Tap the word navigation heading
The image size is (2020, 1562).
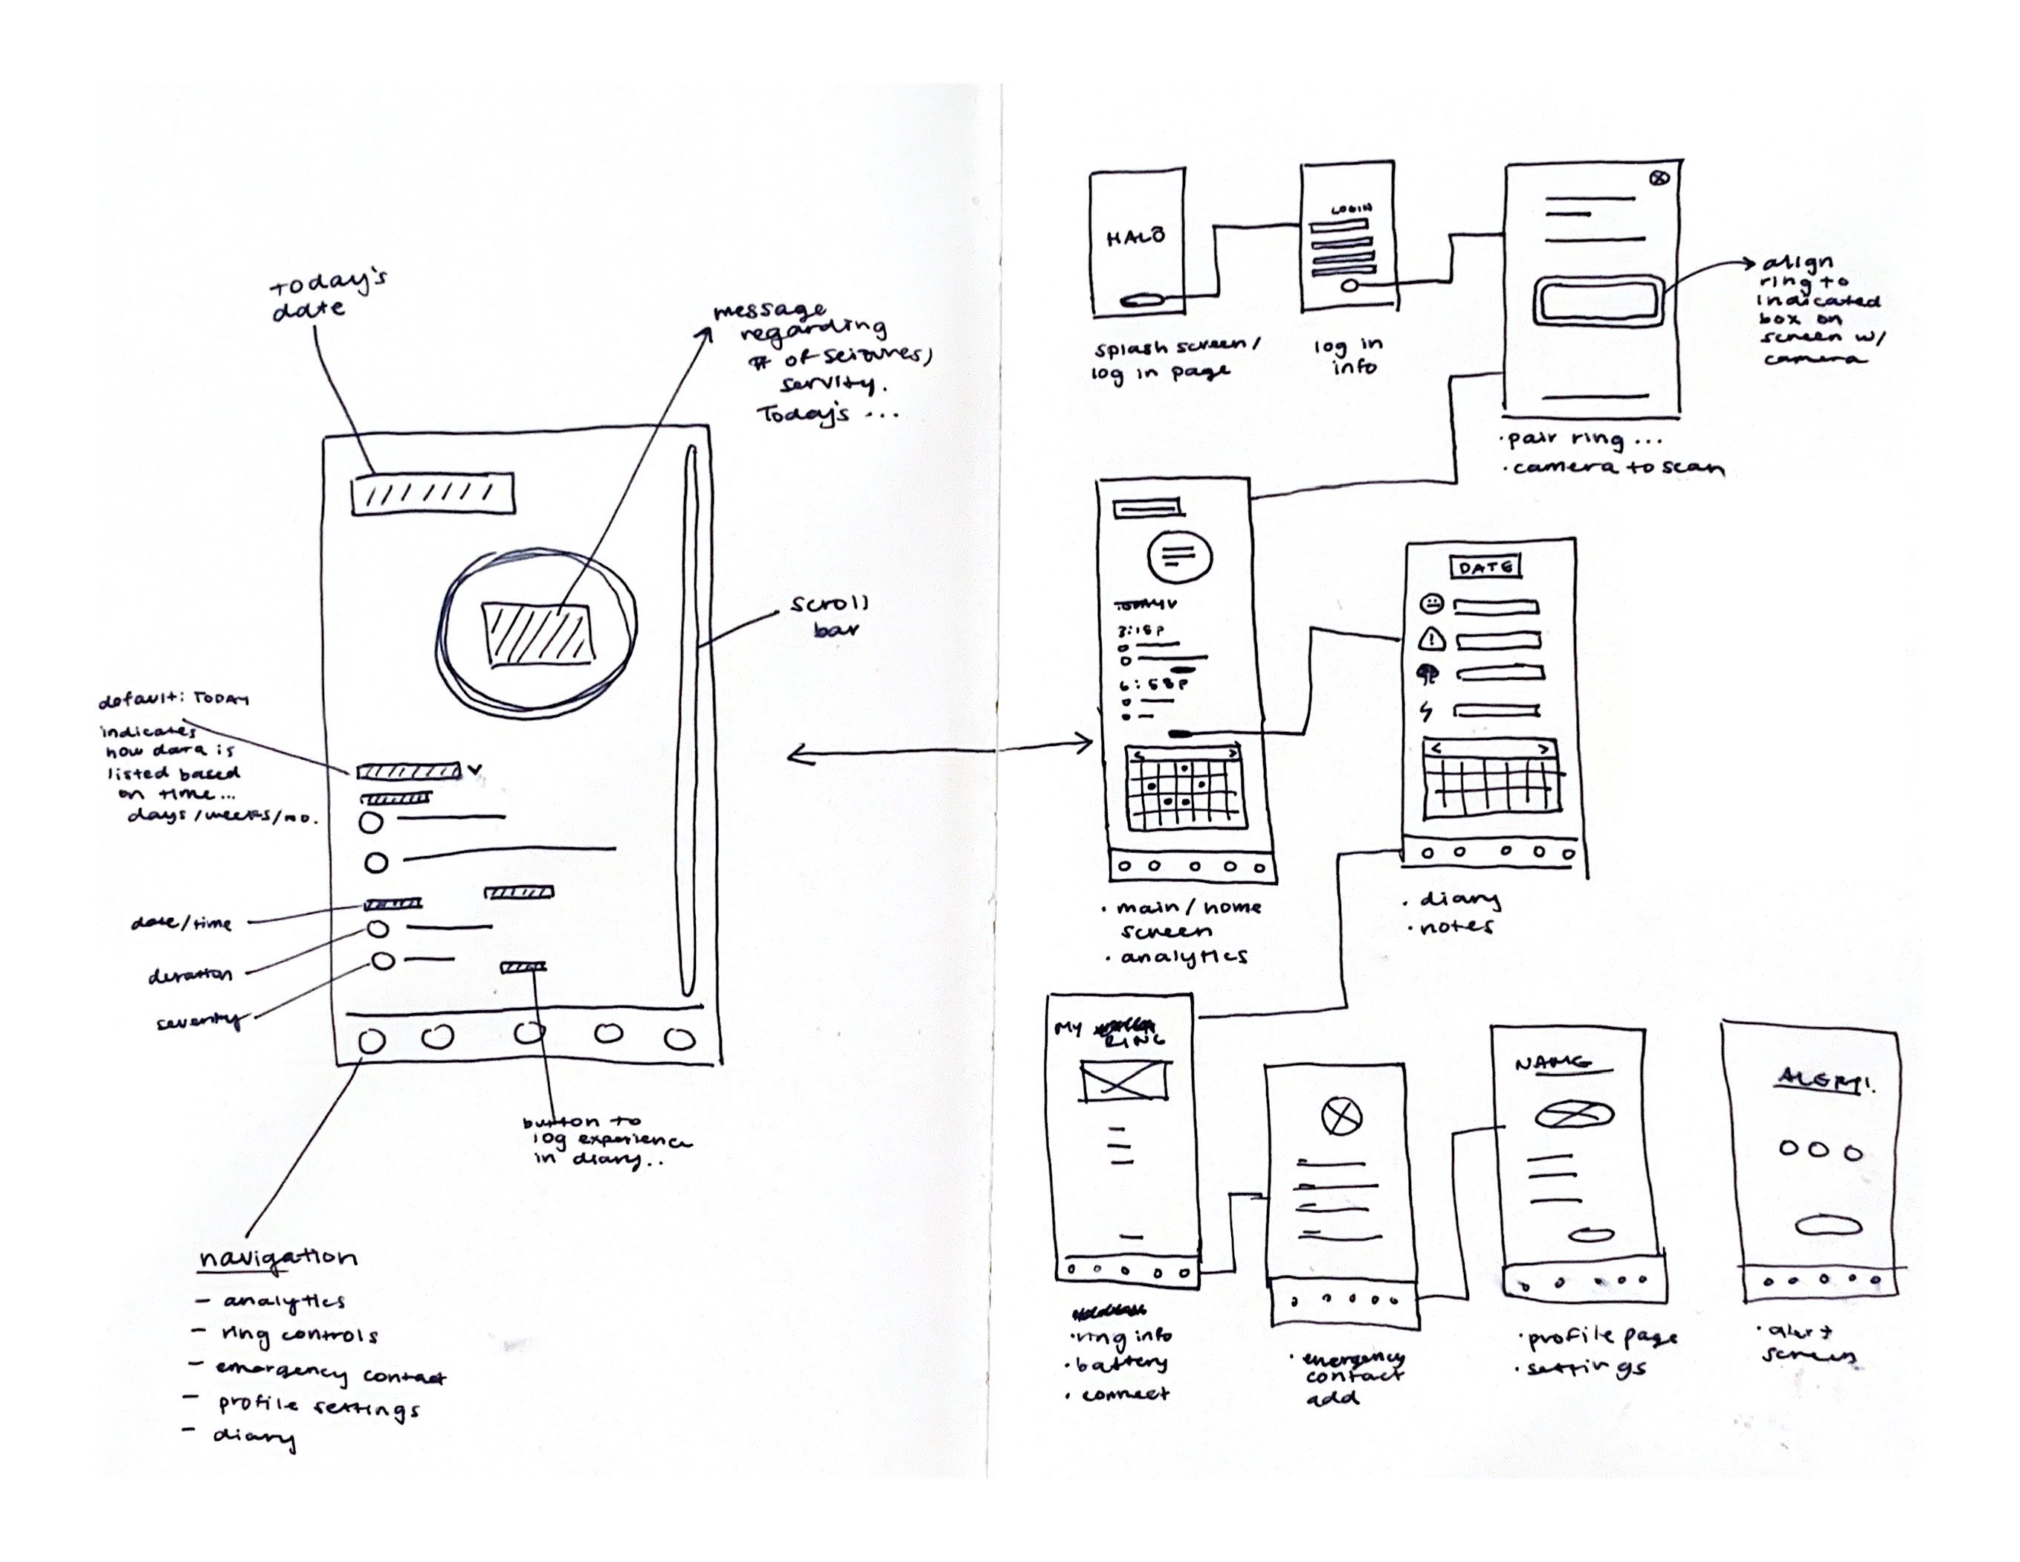277,1259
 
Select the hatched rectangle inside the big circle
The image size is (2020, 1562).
537,634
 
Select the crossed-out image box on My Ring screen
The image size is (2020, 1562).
1125,1080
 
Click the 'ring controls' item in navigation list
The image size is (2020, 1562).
298,1335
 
